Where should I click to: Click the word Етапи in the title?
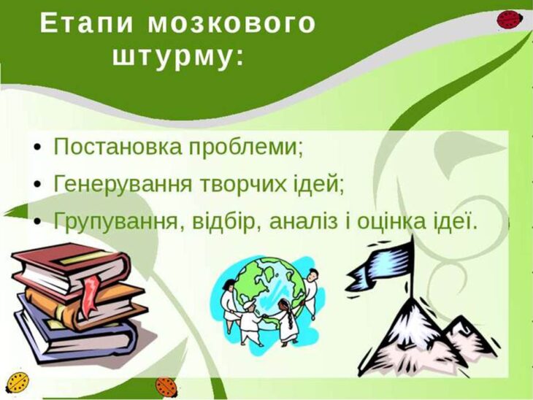point(86,23)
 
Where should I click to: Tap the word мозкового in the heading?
point(232,23)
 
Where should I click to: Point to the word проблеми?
point(242,148)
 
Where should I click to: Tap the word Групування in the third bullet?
point(115,222)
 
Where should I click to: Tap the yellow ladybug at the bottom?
point(18,382)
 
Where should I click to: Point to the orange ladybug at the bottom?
point(166,387)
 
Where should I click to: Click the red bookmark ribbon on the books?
point(90,296)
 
